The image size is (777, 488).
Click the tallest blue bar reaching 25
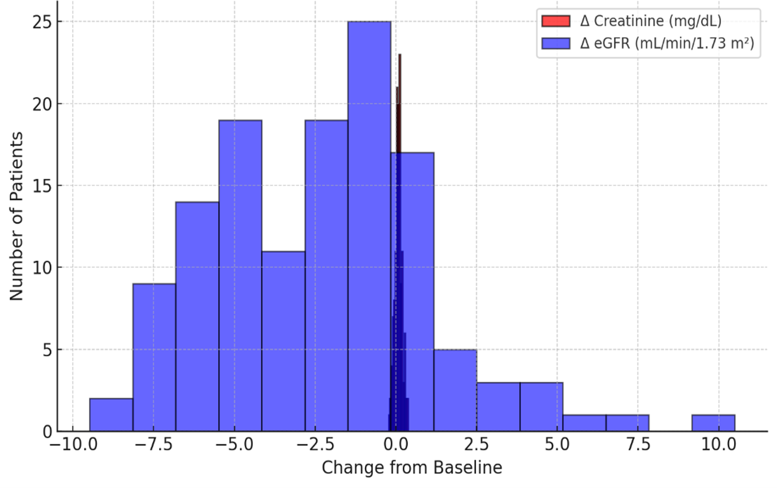pyautogui.click(x=369, y=226)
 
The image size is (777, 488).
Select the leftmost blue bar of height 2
pyautogui.click(x=111, y=415)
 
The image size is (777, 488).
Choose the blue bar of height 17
pyautogui.click(x=418, y=292)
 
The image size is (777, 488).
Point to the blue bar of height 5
pyautogui.click(x=455, y=390)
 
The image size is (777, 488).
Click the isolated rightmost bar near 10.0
pyautogui.click(x=713, y=423)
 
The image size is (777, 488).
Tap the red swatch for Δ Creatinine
pyautogui.click(x=556, y=21)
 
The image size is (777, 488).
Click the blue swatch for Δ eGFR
pyautogui.click(x=556, y=43)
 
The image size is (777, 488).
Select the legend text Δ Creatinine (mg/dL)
pyautogui.click(x=650, y=21)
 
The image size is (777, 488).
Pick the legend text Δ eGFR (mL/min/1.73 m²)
pyautogui.click(x=667, y=43)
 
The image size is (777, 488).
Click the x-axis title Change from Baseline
pyautogui.click(x=412, y=468)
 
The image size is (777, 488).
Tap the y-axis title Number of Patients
pyautogui.click(x=17, y=216)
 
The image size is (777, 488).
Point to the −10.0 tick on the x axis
pyautogui.click(x=73, y=445)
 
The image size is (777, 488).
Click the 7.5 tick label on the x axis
pyautogui.click(x=638, y=445)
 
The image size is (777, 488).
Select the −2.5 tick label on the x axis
pyautogui.click(x=315, y=445)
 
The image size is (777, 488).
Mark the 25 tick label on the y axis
pyautogui.click(x=42, y=22)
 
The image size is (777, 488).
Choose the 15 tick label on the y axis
pyautogui.click(x=42, y=186)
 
